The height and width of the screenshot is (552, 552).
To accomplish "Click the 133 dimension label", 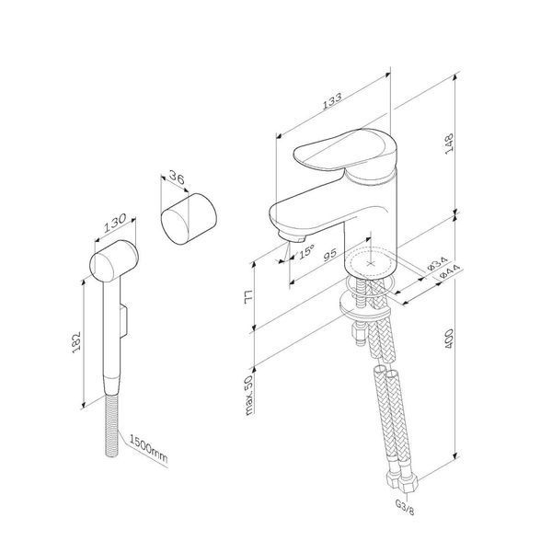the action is point(332,101).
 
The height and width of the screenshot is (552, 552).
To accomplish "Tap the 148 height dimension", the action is point(450,144).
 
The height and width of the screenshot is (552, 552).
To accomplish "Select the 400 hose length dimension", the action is point(449,339).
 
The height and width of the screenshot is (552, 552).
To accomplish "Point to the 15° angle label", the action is point(306,252).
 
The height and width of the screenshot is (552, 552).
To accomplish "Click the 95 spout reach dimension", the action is point(330,254).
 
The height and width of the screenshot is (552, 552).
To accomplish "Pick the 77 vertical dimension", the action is point(248,297).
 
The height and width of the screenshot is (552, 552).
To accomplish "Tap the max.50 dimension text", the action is point(249,395).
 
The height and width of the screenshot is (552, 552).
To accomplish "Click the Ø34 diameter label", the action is point(437,263).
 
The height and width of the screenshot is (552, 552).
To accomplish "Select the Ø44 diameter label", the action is point(450,271).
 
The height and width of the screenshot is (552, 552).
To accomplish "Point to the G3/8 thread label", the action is point(405,507).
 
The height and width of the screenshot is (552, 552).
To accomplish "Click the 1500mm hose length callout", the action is point(148,449).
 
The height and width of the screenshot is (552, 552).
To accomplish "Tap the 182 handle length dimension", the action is point(76,342).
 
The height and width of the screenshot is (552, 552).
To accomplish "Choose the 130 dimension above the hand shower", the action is point(115,223).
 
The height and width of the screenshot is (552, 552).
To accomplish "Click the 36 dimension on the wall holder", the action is point(177,177).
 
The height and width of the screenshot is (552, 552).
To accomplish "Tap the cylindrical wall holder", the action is point(189,219).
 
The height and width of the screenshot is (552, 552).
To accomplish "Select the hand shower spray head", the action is point(114,261).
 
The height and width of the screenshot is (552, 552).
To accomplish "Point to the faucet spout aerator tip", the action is point(292,237).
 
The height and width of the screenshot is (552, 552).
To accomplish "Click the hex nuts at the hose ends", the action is point(402,480).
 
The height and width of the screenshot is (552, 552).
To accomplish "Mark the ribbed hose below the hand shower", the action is point(112,425).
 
